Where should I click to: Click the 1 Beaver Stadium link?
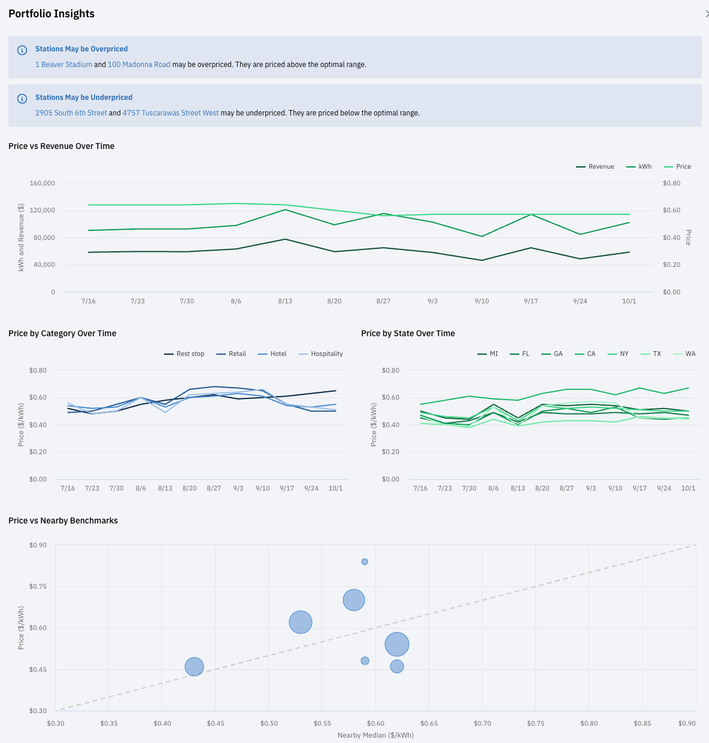point(63,65)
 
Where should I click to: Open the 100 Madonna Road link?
point(139,65)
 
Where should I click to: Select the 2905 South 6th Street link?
point(71,113)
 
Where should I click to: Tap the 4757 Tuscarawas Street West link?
point(171,113)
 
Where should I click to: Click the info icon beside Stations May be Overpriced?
point(22,50)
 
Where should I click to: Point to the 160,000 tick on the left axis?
point(43,184)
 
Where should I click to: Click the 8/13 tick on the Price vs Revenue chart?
point(285,302)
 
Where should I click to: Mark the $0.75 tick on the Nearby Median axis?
point(535,723)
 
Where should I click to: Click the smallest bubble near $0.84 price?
point(365,562)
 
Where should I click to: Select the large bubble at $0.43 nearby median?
point(194,666)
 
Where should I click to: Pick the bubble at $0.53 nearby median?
point(301,622)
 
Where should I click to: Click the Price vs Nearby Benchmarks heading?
point(63,521)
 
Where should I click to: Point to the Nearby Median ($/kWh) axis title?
point(375,735)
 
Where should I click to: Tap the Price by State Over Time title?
point(408,334)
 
